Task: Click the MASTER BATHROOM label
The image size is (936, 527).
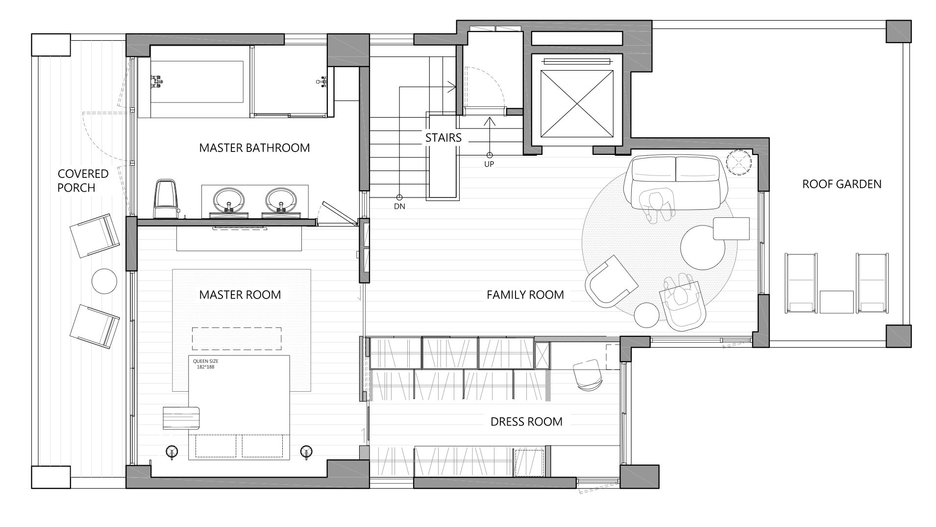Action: (x=254, y=148)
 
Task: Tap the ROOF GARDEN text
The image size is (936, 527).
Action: (x=841, y=184)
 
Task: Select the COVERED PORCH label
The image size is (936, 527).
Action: (x=76, y=180)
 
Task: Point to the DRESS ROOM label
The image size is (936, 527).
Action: (x=526, y=422)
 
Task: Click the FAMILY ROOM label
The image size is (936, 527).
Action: (x=525, y=295)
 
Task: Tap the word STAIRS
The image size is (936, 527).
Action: (x=443, y=138)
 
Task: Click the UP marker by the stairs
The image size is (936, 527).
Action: (x=489, y=164)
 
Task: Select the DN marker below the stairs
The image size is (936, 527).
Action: (x=399, y=206)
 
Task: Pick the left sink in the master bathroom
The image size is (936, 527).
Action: (x=228, y=200)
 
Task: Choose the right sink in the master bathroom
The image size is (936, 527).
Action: (x=282, y=200)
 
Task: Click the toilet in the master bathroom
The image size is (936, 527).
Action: (x=165, y=199)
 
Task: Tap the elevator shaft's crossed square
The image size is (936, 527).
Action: (x=576, y=103)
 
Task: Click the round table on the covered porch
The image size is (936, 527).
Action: (x=104, y=281)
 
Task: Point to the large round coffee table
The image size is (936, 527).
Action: (x=703, y=248)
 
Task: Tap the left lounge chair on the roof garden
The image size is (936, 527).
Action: (x=801, y=283)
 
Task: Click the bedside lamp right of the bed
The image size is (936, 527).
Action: (x=307, y=451)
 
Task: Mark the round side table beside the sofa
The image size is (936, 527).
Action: (x=739, y=162)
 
